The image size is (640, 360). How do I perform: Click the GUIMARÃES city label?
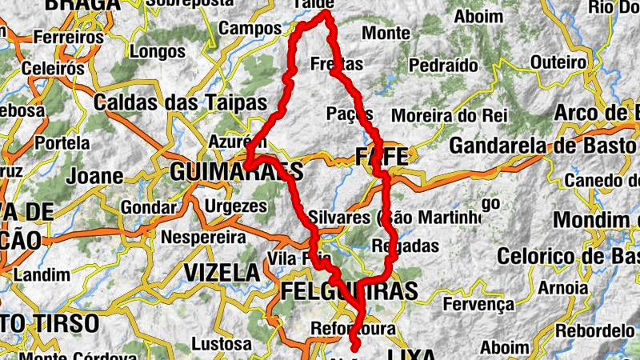point(237,171)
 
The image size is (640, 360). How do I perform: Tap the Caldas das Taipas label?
point(180,102)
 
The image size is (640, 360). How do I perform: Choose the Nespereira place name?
point(203,238)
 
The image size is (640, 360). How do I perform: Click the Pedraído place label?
point(443,65)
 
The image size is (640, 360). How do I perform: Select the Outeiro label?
point(558,62)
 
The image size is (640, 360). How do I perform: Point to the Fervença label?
point(478,304)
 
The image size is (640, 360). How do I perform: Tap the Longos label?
point(157,53)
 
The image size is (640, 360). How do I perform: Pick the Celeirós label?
point(53,68)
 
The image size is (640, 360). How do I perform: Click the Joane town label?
point(96,175)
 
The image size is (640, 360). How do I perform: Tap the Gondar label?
point(149,207)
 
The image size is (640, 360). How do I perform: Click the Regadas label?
point(406,246)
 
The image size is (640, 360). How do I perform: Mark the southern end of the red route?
point(354,348)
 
